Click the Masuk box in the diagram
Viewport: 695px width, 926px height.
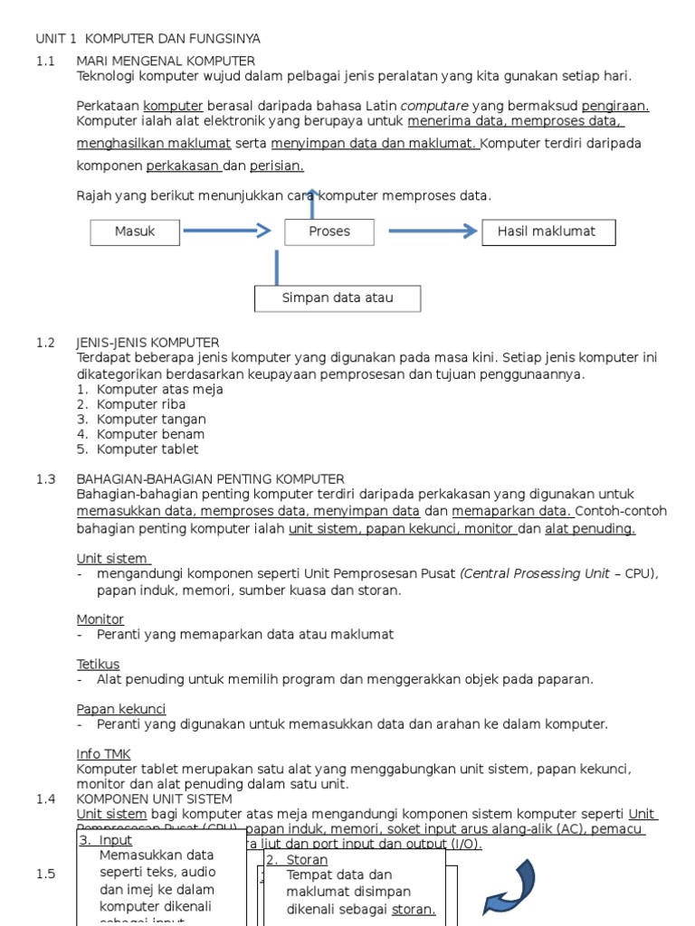[135, 231]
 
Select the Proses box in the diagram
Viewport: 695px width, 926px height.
[328, 231]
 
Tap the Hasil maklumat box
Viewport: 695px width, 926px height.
[547, 231]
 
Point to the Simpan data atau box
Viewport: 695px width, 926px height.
[337, 298]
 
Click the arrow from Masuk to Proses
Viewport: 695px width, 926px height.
[226, 231]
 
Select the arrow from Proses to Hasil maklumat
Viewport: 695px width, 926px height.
[433, 231]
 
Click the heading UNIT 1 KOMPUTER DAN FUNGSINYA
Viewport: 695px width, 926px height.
[148, 39]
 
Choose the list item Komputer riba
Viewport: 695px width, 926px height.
[141, 404]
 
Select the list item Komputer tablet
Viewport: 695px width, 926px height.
[148, 449]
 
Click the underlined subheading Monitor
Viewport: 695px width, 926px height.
[100, 619]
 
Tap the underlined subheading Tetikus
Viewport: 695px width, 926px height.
[98, 665]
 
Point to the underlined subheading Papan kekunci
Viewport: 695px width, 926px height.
[121, 709]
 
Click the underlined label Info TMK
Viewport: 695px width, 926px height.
[103, 753]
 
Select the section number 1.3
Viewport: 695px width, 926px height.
[46, 479]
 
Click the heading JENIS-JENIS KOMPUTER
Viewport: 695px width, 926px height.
[148, 343]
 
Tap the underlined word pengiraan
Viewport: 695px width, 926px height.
[614, 106]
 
